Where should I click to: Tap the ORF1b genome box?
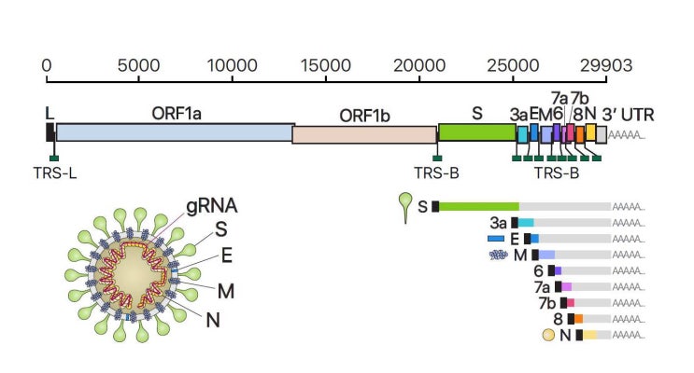364,134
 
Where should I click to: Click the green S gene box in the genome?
476,132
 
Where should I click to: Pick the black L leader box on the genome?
50,132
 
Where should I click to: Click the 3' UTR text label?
628,115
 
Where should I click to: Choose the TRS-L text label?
54,172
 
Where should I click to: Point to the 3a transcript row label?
498,223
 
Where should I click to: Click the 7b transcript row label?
545,303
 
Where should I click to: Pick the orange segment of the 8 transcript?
578,319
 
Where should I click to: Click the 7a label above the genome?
559,97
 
